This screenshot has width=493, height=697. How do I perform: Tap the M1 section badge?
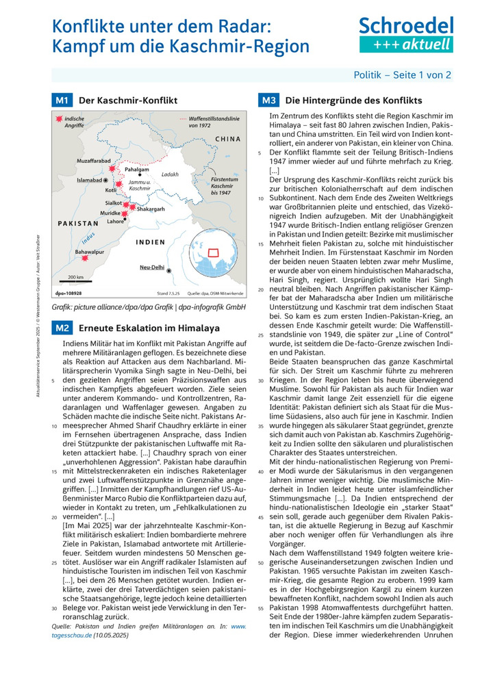coord(62,101)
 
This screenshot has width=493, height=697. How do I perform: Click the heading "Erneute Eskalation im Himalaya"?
coord(149,328)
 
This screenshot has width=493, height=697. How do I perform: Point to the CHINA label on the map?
coord(228,139)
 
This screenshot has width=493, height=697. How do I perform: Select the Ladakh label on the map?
coord(170,174)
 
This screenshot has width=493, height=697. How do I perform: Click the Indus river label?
coord(88,239)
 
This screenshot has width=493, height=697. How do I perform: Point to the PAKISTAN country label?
coord(78,224)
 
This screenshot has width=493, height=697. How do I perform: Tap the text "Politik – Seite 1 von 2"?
coord(402,75)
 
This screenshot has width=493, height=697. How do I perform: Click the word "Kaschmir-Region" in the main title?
coord(222,47)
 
